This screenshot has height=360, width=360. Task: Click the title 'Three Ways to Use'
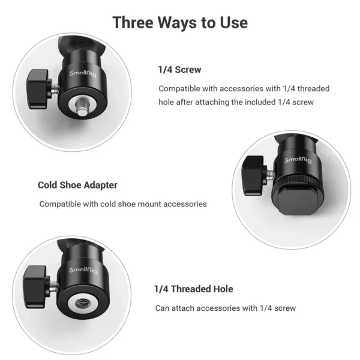pos(180,23)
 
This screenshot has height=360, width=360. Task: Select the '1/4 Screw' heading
pos(179,70)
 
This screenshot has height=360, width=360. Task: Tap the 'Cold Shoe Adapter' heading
pos(77,185)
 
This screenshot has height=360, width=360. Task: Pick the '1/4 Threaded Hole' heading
pos(193,289)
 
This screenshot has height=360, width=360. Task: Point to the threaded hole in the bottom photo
pos(80,301)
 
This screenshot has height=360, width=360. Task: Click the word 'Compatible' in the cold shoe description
pos(61,204)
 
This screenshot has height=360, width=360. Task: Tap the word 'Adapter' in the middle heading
pos(100,185)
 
